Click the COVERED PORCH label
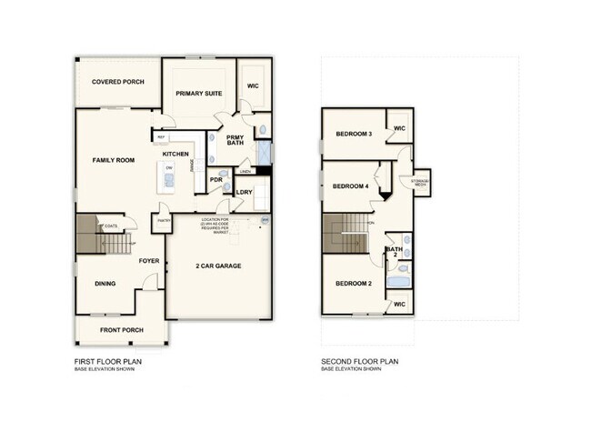click(x=118, y=82)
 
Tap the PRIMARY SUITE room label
click(x=199, y=93)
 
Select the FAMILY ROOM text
click(x=114, y=160)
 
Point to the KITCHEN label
click(x=175, y=155)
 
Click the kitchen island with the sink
click(x=169, y=180)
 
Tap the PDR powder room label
click(x=216, y=180)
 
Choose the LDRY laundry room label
click(x=244, y=193)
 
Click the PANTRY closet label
click(x=164, y=220)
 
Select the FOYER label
click(x=149, y=261)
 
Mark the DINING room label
click(x=105, y=284)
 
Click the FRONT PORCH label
click(x=120, y=330)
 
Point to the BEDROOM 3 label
click(x=354, y=134)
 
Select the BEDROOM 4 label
click(x=350, y=186)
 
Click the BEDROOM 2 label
click(x=354, y=284)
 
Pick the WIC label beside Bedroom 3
click(x=399, y=128)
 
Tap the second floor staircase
click(x=345, y=234)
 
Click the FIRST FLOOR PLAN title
click(x=108, y=361)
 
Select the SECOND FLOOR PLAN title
click(x=359, y=361)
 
